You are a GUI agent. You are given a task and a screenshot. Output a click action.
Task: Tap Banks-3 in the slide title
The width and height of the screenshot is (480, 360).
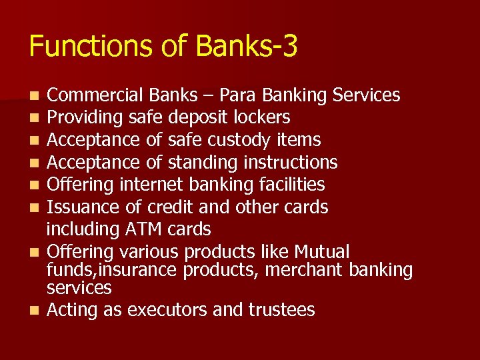pyautogui.click(x=247, y=47)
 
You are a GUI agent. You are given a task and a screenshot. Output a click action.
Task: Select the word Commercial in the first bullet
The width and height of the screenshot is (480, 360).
pyautogui.click(x=91, y=95)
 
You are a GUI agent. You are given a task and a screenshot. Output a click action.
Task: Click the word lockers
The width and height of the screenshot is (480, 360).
pyautogui.click(x=262, y=118)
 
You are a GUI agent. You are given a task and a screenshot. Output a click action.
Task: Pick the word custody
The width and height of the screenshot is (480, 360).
pyautogui.click(x=239, y=140)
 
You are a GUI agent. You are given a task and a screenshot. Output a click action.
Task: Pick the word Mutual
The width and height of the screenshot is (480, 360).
pyautogui.click(x=322, y=252)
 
